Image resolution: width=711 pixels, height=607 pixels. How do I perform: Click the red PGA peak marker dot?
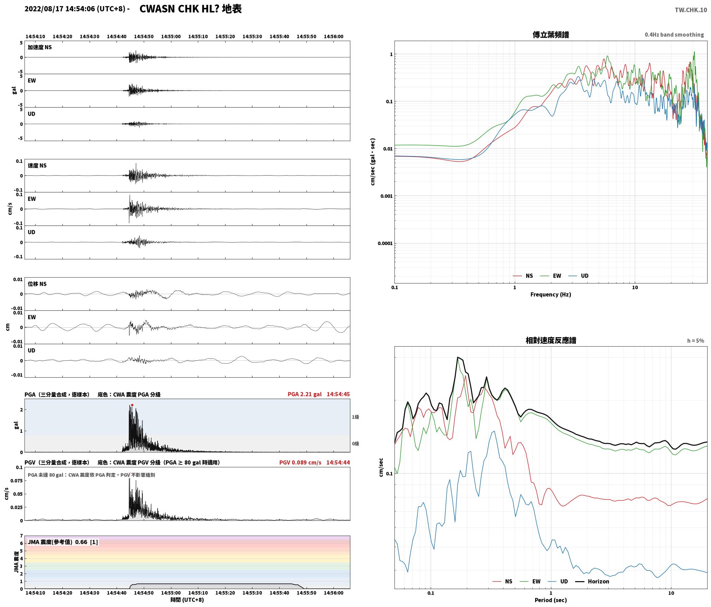[132, 405]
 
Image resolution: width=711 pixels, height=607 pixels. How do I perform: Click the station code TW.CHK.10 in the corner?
[691, 10]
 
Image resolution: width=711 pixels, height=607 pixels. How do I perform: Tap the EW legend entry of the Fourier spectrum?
[551, 276]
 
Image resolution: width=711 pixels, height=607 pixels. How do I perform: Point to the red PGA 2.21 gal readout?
[304, 394]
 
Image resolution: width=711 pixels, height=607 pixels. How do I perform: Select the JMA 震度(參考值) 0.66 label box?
[63, 542]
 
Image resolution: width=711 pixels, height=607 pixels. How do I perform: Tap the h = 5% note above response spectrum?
[695, 341]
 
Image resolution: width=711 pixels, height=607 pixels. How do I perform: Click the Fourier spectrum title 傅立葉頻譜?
[551, 35]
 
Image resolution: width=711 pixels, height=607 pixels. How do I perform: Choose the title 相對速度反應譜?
[551, 340]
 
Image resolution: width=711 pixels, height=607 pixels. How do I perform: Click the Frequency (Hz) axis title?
[551, 295]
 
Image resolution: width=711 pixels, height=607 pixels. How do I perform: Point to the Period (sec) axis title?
[551, 600]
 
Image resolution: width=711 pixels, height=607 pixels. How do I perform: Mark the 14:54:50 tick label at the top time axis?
[144, 37]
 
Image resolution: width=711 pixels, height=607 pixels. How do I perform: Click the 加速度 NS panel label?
[40, 47]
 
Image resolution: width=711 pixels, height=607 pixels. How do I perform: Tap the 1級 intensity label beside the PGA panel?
[355, 417]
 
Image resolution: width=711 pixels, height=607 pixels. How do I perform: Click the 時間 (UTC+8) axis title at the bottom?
[187, 600]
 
